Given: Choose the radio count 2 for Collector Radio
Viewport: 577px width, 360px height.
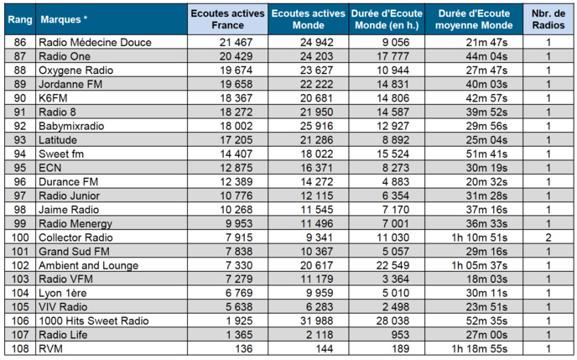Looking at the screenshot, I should click(x=548, y=237).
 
